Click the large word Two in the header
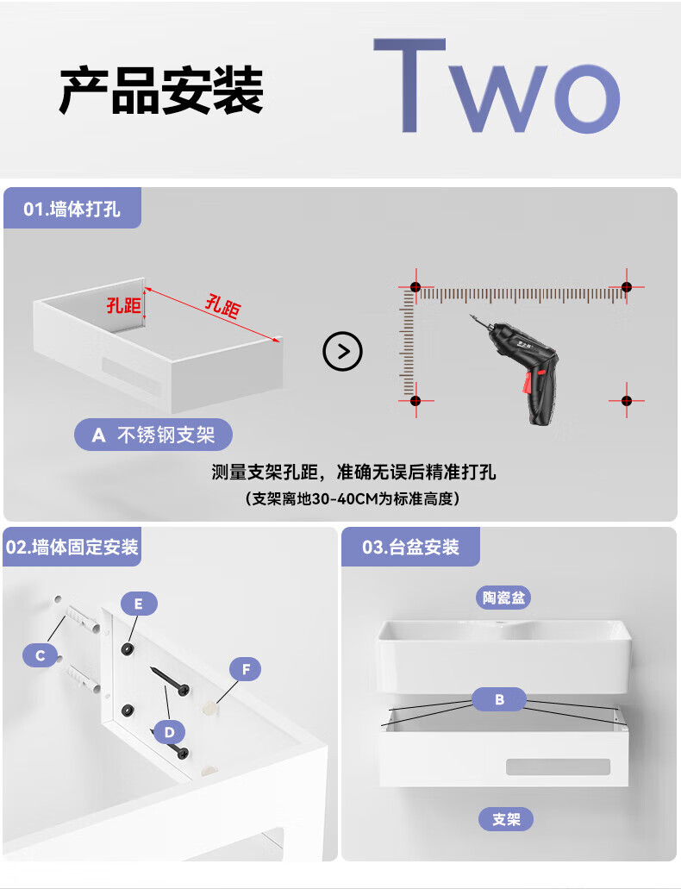(497, 86)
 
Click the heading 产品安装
(161, 91)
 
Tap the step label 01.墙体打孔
(72, 210)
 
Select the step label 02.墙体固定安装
(72, 548)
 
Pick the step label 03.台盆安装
(410, 548)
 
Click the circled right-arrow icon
(342, 352)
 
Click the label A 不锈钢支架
(153, 435)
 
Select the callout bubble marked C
(41, 655)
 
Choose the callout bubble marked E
(138, 604)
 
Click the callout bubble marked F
(246, 669)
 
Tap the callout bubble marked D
(169, 733)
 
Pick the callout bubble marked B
(499, 699)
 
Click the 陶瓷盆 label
(503, 598)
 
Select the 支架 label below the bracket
(506, 819)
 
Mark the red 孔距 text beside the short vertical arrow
(123, 305)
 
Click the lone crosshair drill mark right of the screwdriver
(627, 400)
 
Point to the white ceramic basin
(504, 656)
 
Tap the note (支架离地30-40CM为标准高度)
(353, 498)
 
